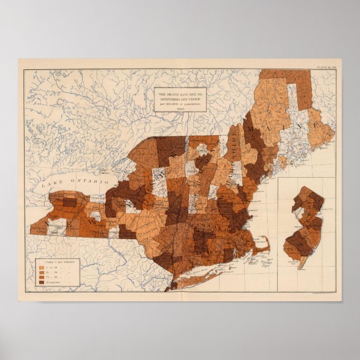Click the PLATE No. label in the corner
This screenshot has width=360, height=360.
pyautogui.click(x=327, y=67)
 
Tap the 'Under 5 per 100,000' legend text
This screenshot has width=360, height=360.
pyautogui.click(x=58, y=261)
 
